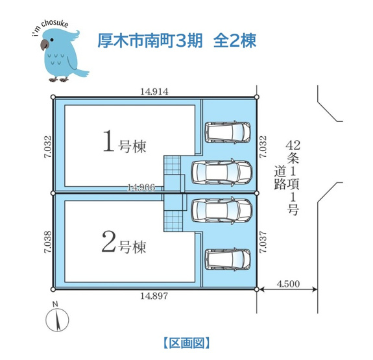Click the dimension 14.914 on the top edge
click(154, 91)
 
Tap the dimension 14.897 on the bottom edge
click(154, 296)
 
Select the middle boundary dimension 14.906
click(141, 187)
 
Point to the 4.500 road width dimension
click(288, 284)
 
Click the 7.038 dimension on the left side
click(47, 242)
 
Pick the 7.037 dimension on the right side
click(263, 242)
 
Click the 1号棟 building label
click(125, 141)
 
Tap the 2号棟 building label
click(124, 242)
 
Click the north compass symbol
click(57, 317)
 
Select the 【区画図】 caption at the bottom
click(187, 343)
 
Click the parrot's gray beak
click(44, 44)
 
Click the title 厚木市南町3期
click(150, 41)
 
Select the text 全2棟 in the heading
click(235, 41)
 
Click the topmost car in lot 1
click(228, 132)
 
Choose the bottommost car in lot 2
click(228, 259)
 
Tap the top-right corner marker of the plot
click(256, 97)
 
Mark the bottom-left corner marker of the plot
click(53, 289)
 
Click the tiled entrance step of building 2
click(173, 221)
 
